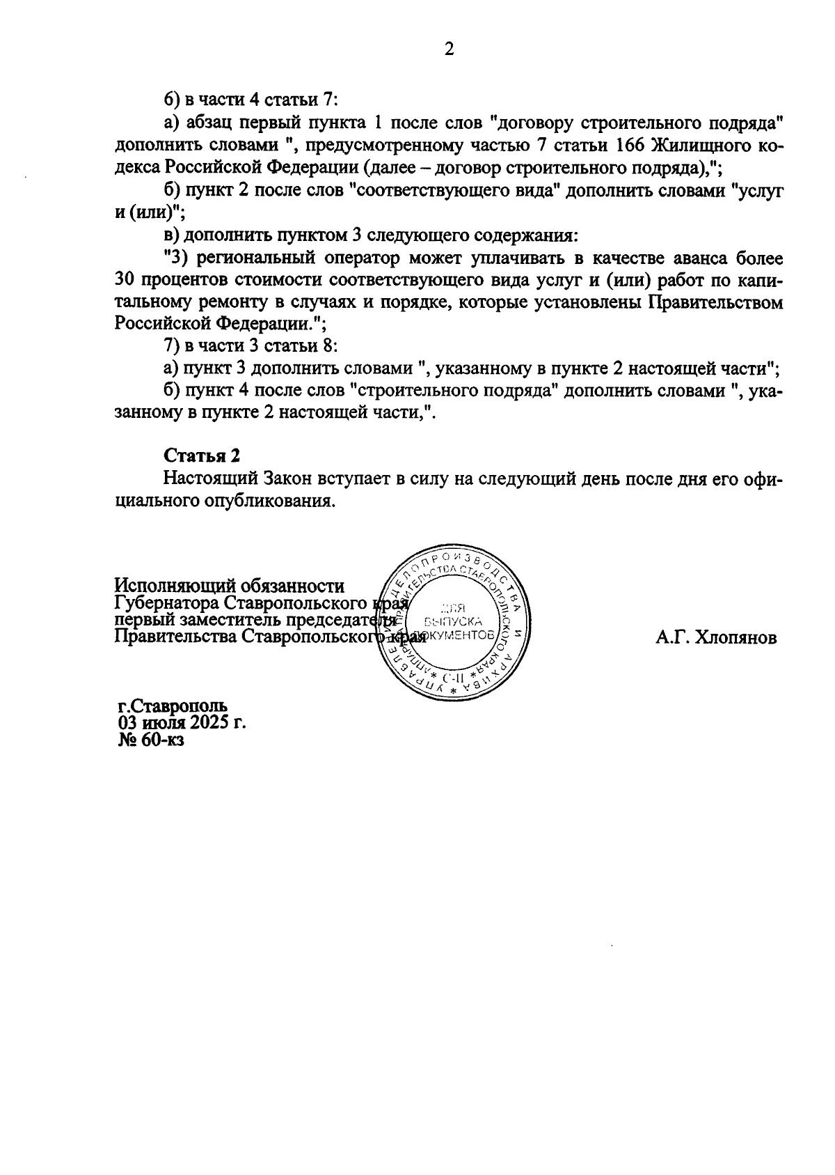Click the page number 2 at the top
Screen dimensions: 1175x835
point(449,49)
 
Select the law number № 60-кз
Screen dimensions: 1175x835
point(151,740)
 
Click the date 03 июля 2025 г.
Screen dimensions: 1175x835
point(182,722)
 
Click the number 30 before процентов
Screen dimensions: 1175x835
point(125,281)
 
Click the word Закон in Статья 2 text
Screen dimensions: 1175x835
point(289,479)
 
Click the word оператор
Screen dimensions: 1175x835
point(360,258)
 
